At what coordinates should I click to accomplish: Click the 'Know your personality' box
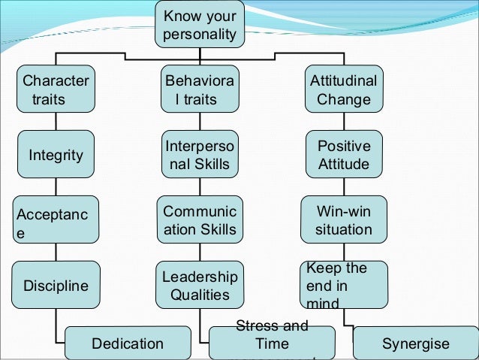(199, 26)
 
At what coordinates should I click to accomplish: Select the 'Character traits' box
(56, 89)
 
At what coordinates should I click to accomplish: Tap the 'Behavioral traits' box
(199, 89)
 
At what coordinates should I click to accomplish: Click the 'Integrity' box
(56, 156)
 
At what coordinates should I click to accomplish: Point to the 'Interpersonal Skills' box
(199, 154)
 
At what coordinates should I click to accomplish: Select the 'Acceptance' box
(56, 219)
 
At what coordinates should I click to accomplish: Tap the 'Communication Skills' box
(199, 219)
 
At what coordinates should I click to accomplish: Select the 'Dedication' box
(127, 343)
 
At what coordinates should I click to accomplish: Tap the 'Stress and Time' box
(272, 342)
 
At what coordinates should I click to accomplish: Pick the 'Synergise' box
(414, 343)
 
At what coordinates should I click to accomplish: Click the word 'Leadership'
(200, 277)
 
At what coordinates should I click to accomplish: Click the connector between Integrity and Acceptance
(56, 187)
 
